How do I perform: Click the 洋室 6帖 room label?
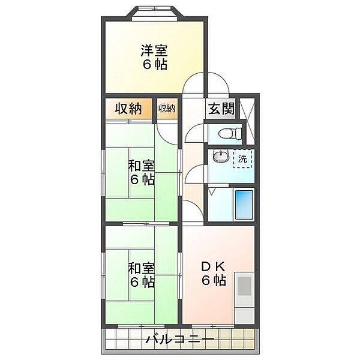tap(154, 58)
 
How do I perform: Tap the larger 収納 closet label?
tap(128, 109)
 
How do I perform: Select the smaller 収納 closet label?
tap(167, 109)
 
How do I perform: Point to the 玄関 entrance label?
tap(221, 109)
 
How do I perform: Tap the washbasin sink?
tap(220, 155)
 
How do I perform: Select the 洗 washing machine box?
tap(242, 158)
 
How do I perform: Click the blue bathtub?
tap(244, 205)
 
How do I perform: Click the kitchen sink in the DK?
tap(244, 286)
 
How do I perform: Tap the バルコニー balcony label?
tap(180, 339)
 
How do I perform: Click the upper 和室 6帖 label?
tap(142, 173)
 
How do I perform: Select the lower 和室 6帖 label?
tap(142, 275)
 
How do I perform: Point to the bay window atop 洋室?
tap(155, 13)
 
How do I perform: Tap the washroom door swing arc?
tap(194, 175)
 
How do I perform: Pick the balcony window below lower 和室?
tap(142, 326)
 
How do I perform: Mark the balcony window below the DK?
tap(213, 326)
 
